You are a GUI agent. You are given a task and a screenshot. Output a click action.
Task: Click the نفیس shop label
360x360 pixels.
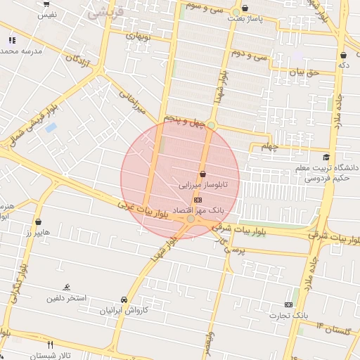click(46, 14)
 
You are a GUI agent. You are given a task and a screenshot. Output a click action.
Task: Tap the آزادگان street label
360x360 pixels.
click(79, 61)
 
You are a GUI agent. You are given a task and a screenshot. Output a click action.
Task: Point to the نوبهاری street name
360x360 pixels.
click(139, 34)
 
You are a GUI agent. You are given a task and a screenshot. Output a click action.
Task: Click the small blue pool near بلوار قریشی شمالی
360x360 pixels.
click(51, 128)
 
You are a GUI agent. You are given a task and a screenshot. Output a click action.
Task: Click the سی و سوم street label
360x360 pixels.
click(205, 6)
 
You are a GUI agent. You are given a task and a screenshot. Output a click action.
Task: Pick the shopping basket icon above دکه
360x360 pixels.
click(343, 55)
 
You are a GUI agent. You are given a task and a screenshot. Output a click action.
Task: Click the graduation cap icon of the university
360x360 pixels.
click(326, 157)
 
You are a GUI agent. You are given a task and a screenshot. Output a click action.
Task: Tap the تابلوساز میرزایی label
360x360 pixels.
click(210, 186)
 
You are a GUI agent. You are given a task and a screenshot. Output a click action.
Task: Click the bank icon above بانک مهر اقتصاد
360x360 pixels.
click(198, 200)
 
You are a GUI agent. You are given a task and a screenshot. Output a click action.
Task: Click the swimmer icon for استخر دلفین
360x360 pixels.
click(66, 286)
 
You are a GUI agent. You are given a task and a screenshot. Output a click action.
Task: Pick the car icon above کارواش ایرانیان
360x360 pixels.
click(124, 298)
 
